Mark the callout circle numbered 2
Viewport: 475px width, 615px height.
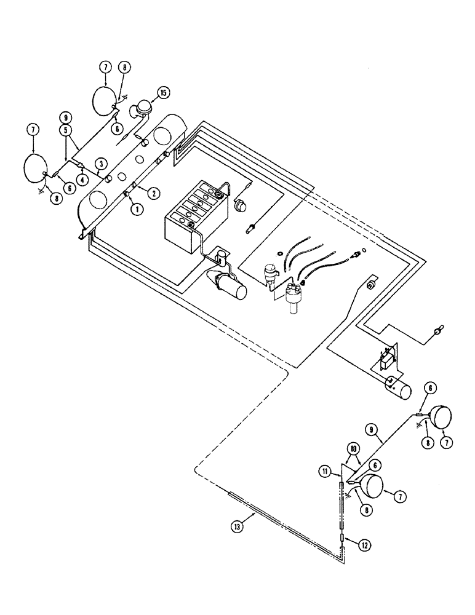click(154, 192)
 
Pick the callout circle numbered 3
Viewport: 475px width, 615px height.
click(100, 163)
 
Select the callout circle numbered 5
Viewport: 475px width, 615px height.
click(65, 130)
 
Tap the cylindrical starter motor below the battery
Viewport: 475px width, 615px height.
click(233, 286)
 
